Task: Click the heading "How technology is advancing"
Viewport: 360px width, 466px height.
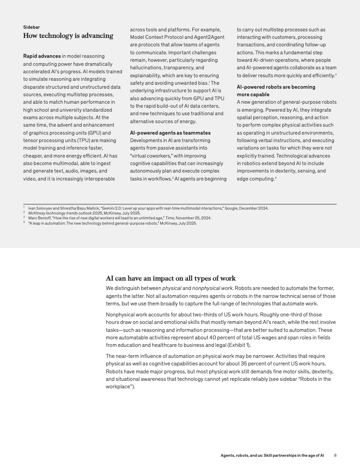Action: click(68, 36)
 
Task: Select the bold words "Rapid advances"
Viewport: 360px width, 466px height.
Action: click(41, 56)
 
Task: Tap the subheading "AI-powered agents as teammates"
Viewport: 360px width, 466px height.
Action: click(170, 133)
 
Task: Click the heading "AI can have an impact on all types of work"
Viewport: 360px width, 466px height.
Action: click(171, 278)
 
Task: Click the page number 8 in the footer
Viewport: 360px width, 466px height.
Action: click(335, 455)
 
